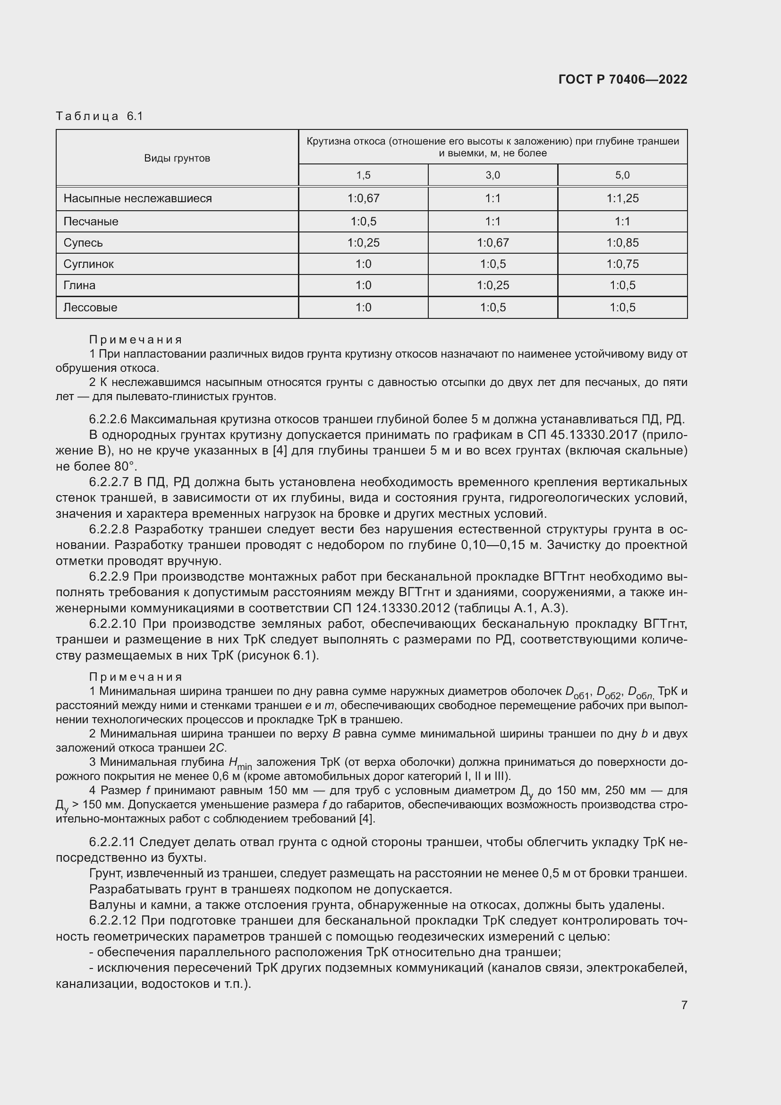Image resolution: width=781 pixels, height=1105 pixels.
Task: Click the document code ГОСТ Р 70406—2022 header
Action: click(x=623, y=79)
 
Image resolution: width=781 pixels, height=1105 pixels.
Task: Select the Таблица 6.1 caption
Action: click(x=100, y=116)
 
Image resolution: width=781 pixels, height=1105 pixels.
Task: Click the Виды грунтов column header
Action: click(x=177, y=158)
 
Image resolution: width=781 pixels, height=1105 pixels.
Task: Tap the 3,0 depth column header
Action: click(x=492, y=175)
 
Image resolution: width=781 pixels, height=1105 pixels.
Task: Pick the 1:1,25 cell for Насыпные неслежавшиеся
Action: click(x=622, y=198)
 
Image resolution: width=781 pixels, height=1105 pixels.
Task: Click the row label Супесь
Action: click(x=83, y=242)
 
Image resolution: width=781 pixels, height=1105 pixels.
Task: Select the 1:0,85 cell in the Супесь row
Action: click(x=622, y=242)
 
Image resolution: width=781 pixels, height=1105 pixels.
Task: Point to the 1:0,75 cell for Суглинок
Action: click(x=622, y=264)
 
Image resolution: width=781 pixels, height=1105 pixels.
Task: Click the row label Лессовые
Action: click(x=90, y=307)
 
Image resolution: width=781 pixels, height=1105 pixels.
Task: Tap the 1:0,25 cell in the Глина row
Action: click(x=492, y=285)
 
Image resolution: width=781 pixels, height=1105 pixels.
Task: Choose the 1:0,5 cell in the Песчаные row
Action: click(x=363, y=222)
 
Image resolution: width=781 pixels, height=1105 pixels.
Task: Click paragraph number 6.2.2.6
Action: click(x=108, y=419)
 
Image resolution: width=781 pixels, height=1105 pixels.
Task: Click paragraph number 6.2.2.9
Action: click(x=109, y=576)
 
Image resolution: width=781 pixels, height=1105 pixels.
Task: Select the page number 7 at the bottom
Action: click(x=684, y=1005)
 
